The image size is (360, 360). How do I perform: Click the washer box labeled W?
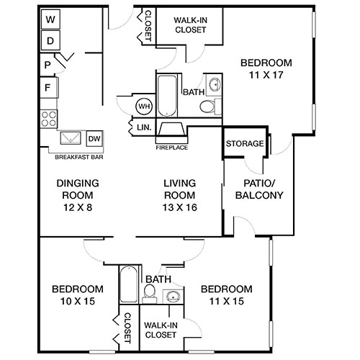[50, 20]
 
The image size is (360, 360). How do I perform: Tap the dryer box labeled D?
[50, 40]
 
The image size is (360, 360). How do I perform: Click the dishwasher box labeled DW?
[94, 138]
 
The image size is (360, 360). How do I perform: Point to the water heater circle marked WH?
[143, 107]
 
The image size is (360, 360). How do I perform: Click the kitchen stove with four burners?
[49, 117]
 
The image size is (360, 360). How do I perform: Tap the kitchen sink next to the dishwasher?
[71, 138]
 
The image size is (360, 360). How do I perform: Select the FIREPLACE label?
[171, 148]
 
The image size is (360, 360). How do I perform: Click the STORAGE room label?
[244, 143]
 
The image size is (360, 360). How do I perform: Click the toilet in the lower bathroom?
[149, 293]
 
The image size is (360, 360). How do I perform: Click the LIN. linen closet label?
[143, 128]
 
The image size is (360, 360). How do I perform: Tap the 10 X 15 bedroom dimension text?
[77, 302]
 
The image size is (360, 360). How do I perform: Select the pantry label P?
[46, 66]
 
